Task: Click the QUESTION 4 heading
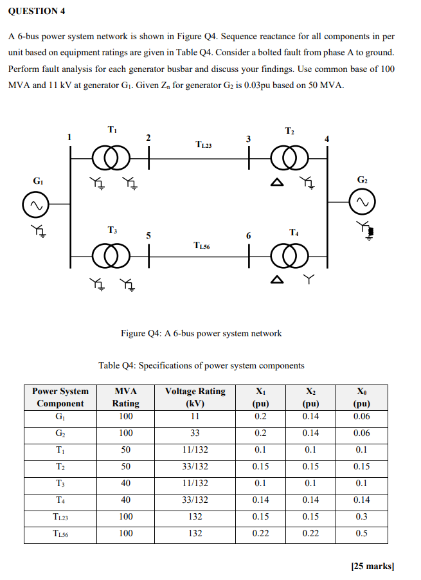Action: [37, 12]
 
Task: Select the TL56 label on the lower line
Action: [202, 245]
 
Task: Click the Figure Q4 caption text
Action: [201, 333]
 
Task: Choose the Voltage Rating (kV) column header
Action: [195, 397]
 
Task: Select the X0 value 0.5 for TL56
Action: [361, 533]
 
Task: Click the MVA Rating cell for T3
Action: [126, 483]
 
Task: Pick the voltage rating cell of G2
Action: [195, 433]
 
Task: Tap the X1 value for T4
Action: [260, 500]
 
